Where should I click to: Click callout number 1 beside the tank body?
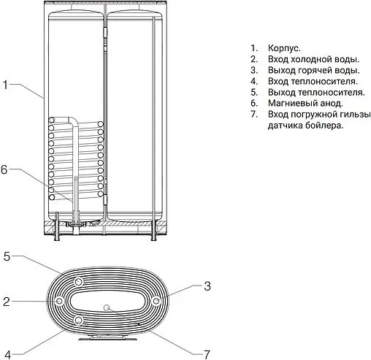coord(5,85)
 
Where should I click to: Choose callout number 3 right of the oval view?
coord(207,285)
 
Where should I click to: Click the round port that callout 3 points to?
coord(156,300)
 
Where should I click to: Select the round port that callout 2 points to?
coord(57,300)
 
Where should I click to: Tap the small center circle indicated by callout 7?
coord(107,307)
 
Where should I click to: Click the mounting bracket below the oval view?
coord(107,336)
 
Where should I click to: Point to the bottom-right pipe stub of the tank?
coord(152,234)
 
